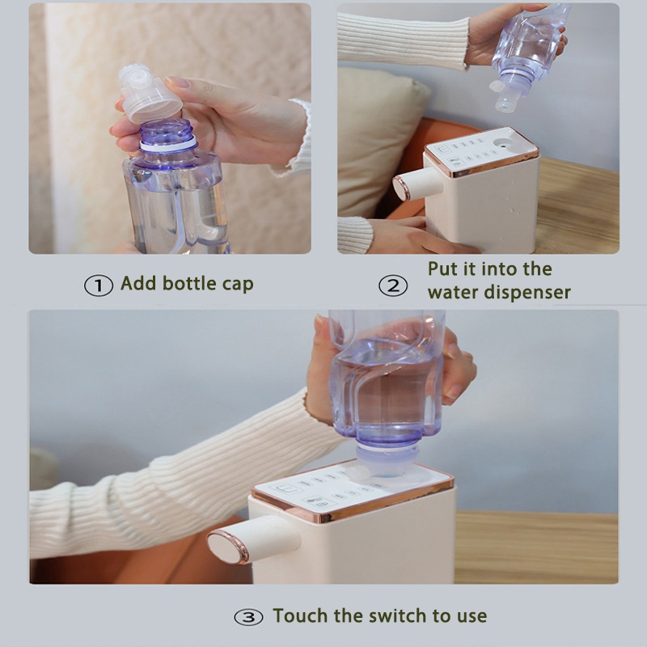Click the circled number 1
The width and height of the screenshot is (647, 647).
[98, 285]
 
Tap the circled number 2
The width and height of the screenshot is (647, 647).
[393, 285]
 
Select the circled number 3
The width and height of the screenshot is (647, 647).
[248, 617]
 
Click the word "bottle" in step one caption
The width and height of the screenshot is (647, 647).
[189, 283]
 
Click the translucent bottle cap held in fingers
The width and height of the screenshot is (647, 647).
[149, 94]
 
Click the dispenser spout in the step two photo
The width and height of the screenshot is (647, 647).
[417, 184]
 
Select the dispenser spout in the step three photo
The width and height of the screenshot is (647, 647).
[252, 539]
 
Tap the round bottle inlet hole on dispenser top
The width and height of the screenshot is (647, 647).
[504, 143]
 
